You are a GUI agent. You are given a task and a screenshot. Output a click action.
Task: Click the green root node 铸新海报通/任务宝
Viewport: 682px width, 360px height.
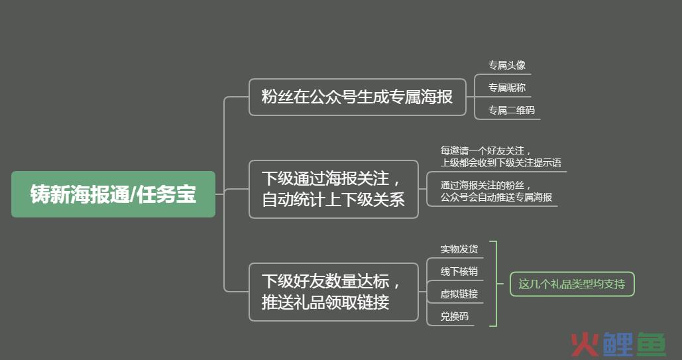tap(113, 194)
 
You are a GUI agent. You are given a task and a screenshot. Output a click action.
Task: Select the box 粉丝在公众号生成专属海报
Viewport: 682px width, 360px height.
tap(357, 97)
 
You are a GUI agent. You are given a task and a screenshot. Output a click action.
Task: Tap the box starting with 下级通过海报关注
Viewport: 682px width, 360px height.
tap(333, 190)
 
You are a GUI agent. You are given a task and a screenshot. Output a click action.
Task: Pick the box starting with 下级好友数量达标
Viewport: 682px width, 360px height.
tap(333, 292)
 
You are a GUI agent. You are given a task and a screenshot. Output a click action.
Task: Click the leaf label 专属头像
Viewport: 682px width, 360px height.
tap(507, 65)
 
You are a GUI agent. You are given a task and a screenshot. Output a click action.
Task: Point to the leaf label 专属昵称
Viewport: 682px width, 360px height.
tap(507, 88)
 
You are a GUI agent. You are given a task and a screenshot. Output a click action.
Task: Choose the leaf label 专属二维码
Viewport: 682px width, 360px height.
tap(512, 111)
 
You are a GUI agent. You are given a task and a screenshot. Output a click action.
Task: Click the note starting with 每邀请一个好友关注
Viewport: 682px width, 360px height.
tap(500, 156)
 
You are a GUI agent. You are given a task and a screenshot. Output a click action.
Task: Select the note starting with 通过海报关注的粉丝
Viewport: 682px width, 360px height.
tap(496, 192)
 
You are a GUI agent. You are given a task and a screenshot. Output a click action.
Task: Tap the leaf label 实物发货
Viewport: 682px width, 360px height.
tap(459, 249)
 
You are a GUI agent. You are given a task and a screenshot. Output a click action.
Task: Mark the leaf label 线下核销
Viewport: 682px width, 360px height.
tap(459, 272)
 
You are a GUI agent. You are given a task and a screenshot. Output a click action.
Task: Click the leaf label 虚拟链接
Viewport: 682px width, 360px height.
tap(459, 294)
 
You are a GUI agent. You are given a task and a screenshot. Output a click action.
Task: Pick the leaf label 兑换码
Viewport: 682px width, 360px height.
tap(455, 316)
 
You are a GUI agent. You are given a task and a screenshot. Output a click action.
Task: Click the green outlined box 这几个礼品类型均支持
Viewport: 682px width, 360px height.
tap(572, 284)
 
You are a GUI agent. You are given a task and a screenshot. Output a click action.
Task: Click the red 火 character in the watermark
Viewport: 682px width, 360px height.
tap(585, 344)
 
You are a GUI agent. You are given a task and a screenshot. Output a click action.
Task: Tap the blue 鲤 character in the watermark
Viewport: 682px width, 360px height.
tap(618, 344)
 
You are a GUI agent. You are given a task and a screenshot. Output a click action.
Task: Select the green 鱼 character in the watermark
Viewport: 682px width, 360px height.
tap(652, 344)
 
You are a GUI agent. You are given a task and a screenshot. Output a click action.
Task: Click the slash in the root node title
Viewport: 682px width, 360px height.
tap(133, 194)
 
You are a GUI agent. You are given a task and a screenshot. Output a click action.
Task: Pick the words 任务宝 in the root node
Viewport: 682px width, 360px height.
tap(166, 194)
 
